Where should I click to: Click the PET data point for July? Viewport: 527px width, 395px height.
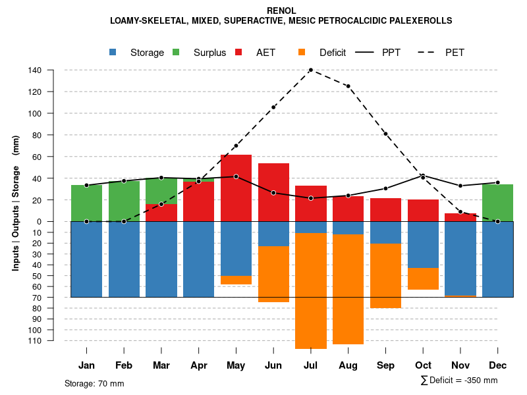click(311, 70)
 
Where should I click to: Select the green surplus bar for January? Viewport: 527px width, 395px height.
click(86, 203)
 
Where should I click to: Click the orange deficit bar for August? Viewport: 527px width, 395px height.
click(348, 290)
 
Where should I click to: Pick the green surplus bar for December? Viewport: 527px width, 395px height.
click(497, 203)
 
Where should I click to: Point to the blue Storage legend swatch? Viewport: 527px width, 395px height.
click(114, 52)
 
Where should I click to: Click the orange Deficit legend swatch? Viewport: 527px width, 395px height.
click(302, 52)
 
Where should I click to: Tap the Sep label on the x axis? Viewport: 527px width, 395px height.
click(385, 365)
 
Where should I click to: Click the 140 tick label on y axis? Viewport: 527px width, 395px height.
click(35, 70)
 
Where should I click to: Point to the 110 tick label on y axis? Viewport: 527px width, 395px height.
click(35, 340)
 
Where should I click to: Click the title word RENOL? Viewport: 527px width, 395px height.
click(281, 11)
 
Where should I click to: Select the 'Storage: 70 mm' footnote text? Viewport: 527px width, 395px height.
click(94, 383)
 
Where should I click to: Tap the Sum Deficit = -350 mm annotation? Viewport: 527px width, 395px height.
click(459, 381)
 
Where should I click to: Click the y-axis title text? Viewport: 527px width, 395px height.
click(16, 203)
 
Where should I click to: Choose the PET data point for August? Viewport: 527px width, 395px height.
click(348, 86)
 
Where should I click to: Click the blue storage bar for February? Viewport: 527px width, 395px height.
click(124, 259)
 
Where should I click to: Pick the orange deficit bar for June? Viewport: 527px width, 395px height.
click(273, 275)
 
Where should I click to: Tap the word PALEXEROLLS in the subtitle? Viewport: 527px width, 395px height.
click(419, 21)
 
